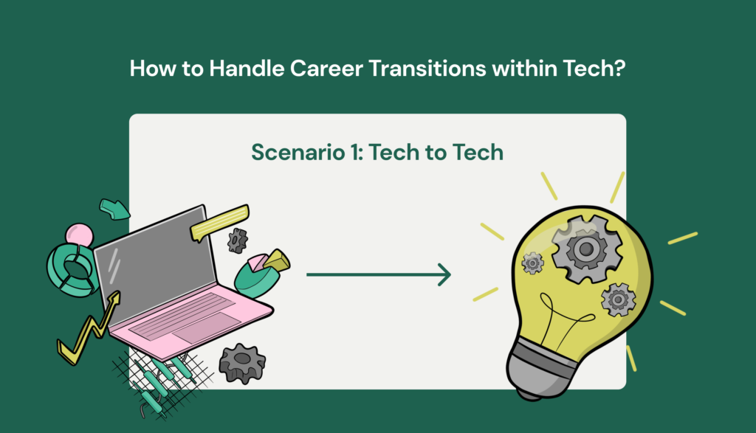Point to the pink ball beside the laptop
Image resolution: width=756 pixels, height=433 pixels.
coord(79,235)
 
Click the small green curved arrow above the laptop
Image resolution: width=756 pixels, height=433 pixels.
coord(114,209)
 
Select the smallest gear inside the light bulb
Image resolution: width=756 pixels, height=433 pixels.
coord(532,263)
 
